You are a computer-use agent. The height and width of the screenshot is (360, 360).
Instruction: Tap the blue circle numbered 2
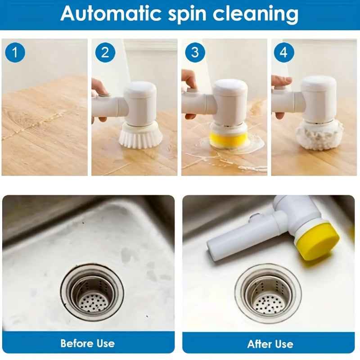click(105, 53)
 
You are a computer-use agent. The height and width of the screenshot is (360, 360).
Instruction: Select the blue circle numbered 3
click(194, 53)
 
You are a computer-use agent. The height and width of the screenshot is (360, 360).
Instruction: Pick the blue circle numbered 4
click(283, 53)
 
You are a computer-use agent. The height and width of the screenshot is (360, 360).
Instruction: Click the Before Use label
click(88, 343)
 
